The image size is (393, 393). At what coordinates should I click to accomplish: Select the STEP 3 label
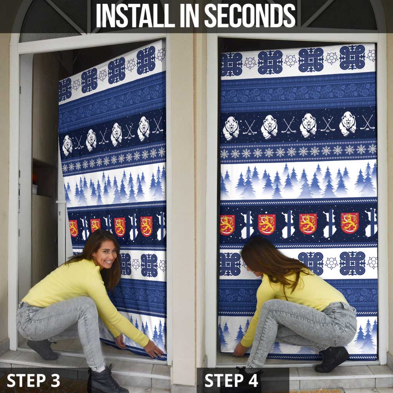click(x=33, y=380)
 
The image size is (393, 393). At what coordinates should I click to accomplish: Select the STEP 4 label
click(x=231, y=380)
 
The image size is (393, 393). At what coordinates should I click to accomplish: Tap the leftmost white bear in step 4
click(x=231, y=128)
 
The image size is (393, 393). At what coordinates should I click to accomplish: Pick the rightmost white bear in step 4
click(x=347, y=124)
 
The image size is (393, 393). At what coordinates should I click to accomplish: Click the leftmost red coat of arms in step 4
click(x=227, y=225)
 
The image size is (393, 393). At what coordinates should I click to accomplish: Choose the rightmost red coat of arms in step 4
click(x=350, y=223)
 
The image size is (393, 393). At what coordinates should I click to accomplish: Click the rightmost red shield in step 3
click(x=146, y=226)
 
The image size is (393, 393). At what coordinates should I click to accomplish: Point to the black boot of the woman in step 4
click(x=332, y=359)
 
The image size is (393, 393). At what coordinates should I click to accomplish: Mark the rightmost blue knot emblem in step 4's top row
click(x=352, y=57)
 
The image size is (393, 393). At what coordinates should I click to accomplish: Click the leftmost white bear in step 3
click(x=67, y=145)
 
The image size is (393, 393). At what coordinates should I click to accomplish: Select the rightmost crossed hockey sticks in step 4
click(x=367, y=122)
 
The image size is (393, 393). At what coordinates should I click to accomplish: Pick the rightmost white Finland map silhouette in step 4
click(x=372, y=223)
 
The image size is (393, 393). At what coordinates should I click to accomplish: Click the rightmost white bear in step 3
click(x=144, y=129)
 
